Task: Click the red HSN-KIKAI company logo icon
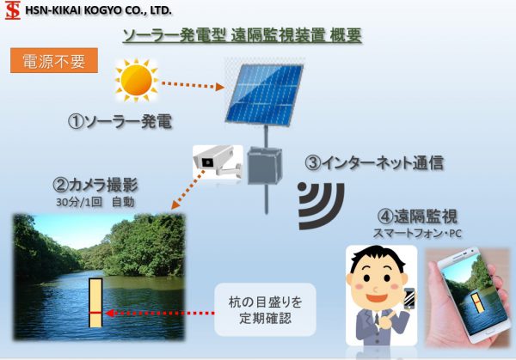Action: [13, 10]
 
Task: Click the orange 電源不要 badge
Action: [54, 60]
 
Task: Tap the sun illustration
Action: [136, 80]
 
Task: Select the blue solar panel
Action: [264, 95]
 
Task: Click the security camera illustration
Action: [218, 162]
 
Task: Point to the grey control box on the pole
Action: [265, 165]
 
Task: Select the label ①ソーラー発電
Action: [120, 122]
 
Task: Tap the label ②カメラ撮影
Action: [95, 185]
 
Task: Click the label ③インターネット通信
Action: [374, 162]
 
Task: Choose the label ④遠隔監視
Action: [417, 216]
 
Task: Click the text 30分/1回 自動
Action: [95, 202]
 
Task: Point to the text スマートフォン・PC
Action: [417, 233]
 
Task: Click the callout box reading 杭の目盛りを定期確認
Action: [265, 309]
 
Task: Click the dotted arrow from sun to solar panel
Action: [193, 85]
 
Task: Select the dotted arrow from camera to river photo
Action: [187, 189]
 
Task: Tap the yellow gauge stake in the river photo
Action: [95, 302]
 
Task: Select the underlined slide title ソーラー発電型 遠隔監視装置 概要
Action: [243, 36]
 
